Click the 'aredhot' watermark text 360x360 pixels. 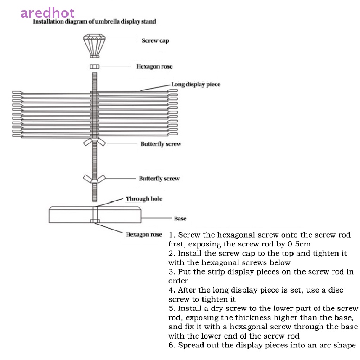coord(47,13)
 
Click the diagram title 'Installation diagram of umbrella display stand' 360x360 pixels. coord(94,21)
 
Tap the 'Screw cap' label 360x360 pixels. coord(155,41)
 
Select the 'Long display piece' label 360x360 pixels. coord(195,84)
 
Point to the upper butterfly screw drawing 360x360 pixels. coord(94,142)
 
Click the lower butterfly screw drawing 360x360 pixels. coord(94,178)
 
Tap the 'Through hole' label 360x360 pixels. coord(144,199)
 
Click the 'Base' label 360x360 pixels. coord(180,219)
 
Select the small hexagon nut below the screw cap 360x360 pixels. coord(94,66)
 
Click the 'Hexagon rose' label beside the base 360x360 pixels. coord(144,234)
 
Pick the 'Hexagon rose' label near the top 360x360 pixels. coord(154,66)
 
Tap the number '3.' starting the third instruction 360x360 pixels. coord(172,272)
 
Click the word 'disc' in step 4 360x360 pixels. coord(336,290)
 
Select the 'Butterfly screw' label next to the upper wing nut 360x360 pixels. coord(161,144)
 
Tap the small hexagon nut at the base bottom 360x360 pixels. coord(95,221)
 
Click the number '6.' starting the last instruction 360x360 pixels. coord(172,345)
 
